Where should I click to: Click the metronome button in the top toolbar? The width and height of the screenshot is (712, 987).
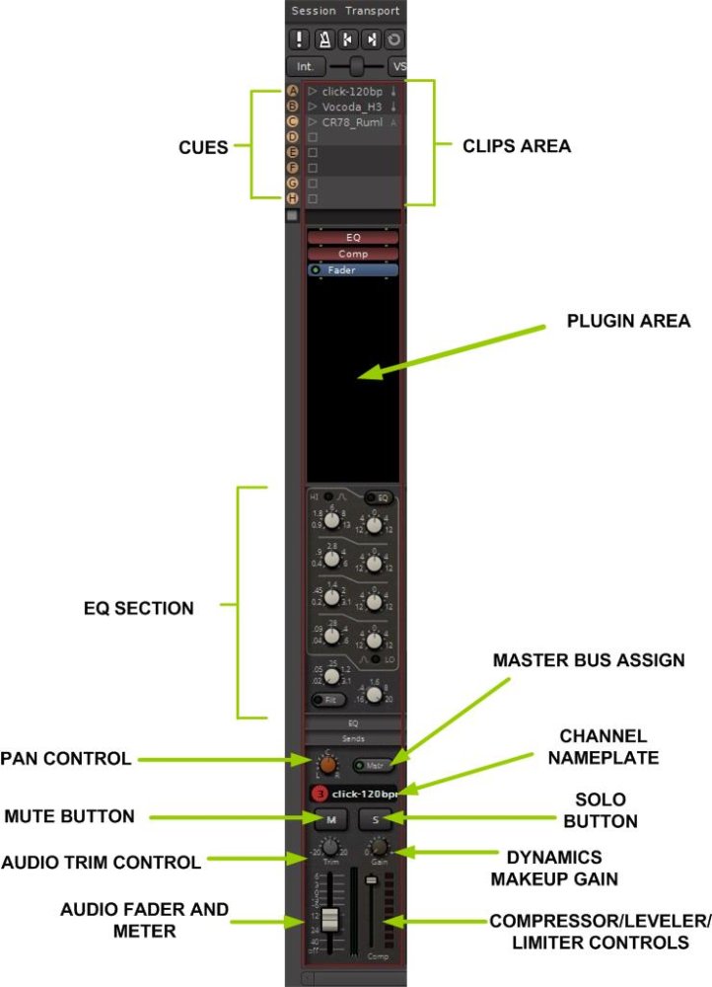click(323, 39)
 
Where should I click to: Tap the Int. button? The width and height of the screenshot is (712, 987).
click(305, 67)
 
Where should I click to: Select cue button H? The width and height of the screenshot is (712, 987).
click(292, 198)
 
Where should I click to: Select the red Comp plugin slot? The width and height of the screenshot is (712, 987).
click(353, 254)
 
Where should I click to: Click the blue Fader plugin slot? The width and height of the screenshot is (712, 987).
click(353, 269)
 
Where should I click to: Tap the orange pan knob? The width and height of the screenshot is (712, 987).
click(326, 763)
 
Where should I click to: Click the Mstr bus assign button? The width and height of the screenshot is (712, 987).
click(373, 765)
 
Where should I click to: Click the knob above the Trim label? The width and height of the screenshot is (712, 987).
click(328, 850)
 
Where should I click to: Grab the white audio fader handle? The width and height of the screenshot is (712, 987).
click(329, 919)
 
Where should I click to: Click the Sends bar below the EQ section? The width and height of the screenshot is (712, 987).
click(353, 737)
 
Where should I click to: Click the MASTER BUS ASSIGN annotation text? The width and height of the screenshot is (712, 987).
click(589, 660)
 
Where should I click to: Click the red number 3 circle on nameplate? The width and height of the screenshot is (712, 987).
click(319, 794)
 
